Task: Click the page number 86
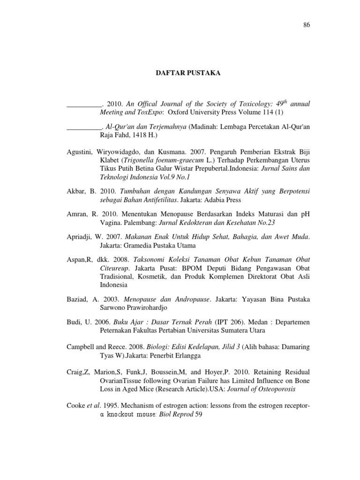click(307, 25)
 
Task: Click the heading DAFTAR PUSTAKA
click(180, 73)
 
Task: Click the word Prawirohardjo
click(139, 307)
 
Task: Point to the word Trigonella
click(137, 161)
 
